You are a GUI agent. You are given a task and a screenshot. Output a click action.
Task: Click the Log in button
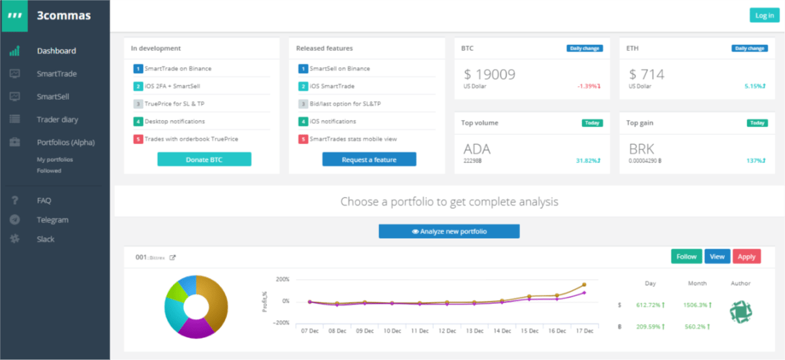coord(764,16)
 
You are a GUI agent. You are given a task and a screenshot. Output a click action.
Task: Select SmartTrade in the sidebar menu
coord(57,74)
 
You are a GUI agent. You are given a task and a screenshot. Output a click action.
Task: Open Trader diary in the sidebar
coord(57,119)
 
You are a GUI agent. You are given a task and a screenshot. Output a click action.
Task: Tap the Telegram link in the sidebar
coord(52,220)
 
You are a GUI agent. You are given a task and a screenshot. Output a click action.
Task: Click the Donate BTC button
coord(204,159)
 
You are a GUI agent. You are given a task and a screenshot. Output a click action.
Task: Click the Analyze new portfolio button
coord(449,232)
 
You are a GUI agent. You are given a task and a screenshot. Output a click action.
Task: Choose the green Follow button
coord(686,256)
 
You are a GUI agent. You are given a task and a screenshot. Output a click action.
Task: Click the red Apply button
coord(747,256)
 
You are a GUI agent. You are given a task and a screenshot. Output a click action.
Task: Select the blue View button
coord(717,256)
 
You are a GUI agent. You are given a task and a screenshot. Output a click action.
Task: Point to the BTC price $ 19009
coord(489,74)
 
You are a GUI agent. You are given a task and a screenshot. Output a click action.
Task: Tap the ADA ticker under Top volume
coord(476,149)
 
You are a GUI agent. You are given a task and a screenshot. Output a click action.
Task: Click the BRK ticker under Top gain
coord(641,149)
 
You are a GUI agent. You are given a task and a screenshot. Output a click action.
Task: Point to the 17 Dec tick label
coord(585,331)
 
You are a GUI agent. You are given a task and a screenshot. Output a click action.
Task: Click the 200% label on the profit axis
coord(283,279)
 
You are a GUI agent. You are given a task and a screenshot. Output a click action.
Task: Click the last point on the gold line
coord(584,285)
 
